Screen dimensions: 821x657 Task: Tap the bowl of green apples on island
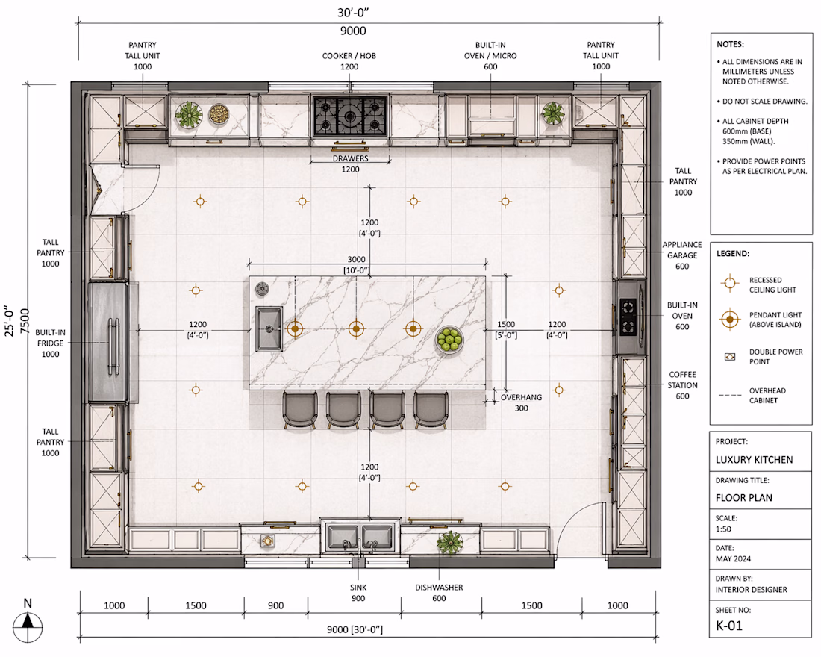tap(449, 340)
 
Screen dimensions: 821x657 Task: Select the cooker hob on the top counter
tap(350, 116)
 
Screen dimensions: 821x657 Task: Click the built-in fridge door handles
tap(113, 346)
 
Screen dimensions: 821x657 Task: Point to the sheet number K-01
tap(729, 625)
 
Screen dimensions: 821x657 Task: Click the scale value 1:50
tap(723, 529)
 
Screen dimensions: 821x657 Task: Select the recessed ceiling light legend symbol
tap(729, 283)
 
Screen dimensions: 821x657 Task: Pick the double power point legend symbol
tap(729, 357)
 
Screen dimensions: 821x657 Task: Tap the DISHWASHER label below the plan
tap(439, 588)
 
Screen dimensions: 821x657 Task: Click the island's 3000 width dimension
tap(357, 259)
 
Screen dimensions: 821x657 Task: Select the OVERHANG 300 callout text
tap(521, 402)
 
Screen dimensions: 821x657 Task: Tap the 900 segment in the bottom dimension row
tap(275, 605)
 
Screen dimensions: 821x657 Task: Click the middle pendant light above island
tap(356, 328)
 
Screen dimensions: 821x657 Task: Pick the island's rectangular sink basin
tap(269, 329)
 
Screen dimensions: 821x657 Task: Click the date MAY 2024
tap(733, 559)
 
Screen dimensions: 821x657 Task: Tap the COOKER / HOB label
tap(349, 55)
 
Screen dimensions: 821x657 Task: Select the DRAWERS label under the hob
tap(350, 158)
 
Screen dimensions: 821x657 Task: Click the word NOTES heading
tap(731, 44)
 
